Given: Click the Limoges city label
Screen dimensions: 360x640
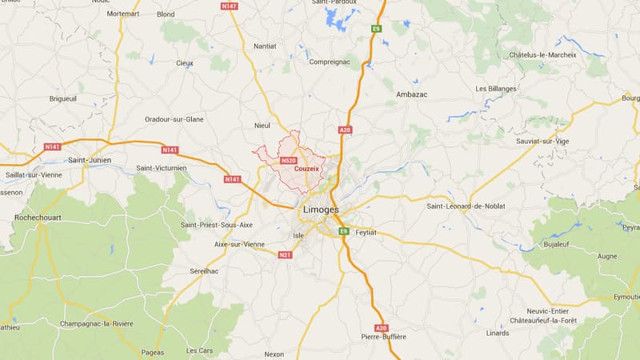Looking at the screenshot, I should (x=320, y=210).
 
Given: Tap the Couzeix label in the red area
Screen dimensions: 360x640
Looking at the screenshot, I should (x=306, y=169).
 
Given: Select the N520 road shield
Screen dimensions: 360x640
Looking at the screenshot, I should (x=289, y=161).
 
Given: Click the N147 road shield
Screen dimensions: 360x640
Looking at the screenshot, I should (x=230, y=6).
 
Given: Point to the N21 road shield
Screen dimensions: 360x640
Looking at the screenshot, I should (x=286, y=254).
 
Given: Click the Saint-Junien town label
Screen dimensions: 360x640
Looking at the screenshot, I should (x=90, y=160).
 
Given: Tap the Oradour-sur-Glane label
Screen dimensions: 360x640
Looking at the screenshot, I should (x=174, y=119).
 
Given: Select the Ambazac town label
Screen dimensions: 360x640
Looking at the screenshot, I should (x=411, y=94).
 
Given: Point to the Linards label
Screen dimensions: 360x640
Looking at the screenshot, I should (x=497, y=333).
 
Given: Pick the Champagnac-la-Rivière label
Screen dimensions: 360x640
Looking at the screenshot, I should (x=96, y=324).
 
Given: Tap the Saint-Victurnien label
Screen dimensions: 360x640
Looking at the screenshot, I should (x=161, y=168).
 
